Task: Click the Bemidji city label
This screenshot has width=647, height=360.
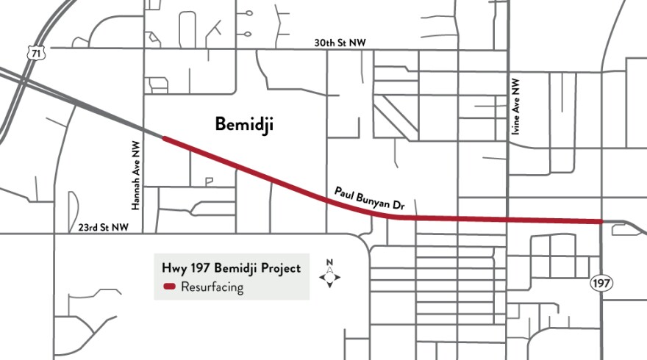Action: [244, 124]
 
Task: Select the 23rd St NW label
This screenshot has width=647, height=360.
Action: [104, 228]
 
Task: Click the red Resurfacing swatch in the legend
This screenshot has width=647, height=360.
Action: [170, 287]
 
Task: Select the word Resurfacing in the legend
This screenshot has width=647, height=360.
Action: [212, 287]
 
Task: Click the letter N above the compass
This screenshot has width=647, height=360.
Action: [329, 262]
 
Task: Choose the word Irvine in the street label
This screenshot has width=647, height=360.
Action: [515, 125]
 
